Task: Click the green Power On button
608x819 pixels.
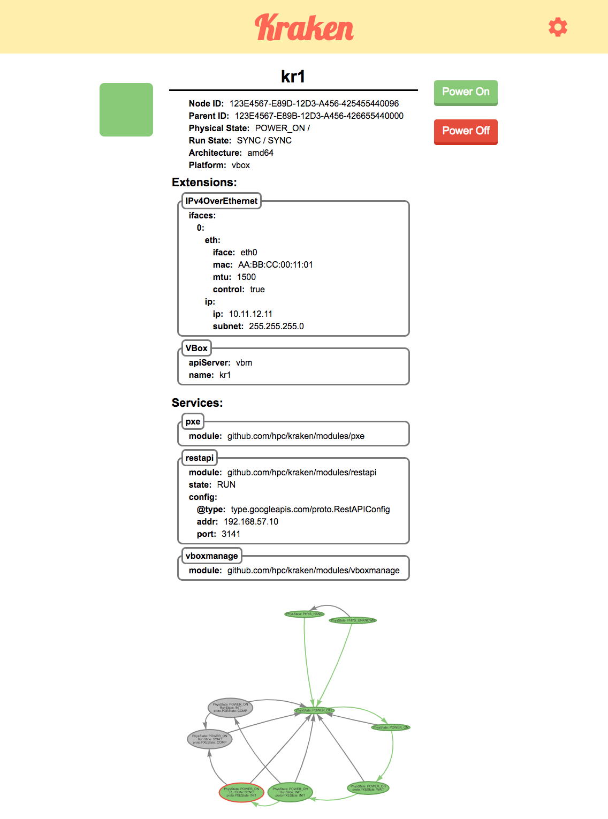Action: pyautogui.click(x=466, y=92)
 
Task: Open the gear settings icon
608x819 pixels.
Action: pyautogui.click(x=558, y=27)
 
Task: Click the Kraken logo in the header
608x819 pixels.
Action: pyautogui.click(x=304, y=28)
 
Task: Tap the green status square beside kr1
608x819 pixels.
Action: pyautogui.click(x=126, y=110)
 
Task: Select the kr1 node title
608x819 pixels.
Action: pyautogui.click(x=293, y=77)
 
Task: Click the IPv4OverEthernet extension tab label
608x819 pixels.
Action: pyautogui.click(x=221, y=201)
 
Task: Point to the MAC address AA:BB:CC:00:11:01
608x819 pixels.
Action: pyautogui.click(x=275, y=264)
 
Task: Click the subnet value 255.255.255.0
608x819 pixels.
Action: pyautogui.click(x=276, y=326)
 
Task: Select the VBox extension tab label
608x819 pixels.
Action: pyautogui.click(x=196, y=348)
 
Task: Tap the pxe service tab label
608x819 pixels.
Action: pyautogui.click(x=193, y=422)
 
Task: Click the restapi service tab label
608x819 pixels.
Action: pyautogui.click(x=199, y=458)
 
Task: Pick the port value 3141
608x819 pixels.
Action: pyautogui.click(x=231, y=534)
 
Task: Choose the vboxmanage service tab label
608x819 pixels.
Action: pyautogui.click(x=211, y=556)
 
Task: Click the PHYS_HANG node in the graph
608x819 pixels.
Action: pyautogui.click(x=304, y=614)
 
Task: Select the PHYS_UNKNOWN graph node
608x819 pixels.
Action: pyautogui.click(x=353, y=620)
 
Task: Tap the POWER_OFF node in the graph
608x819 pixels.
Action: pyautogui.click(x=314, y=710)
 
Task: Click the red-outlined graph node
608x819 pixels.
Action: pyautogui.click(x=241, y=792)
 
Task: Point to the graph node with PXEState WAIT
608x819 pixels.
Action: pyautogui.click(x=368, y=788)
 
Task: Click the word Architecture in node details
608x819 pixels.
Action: pyautogui.click(x=215, y=153)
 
